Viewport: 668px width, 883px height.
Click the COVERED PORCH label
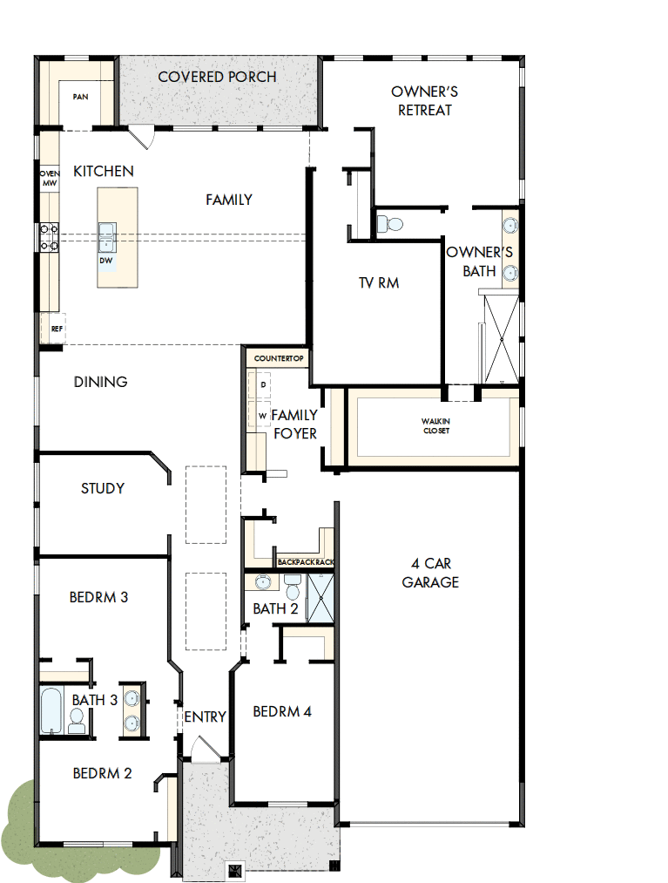(x=217, y=77)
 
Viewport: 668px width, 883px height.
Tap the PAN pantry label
(x=80, y=97)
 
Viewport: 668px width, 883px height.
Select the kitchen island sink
(x=106, y=232)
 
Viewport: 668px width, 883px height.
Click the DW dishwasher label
(x=105, y=261)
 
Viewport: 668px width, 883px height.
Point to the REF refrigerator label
(x=56, y=329)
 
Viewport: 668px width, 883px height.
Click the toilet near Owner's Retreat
(x=392, y=224)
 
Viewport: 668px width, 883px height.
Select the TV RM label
(x=378, y=282)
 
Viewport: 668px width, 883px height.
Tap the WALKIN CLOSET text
(x=435, y=425)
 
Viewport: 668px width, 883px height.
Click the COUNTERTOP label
(x=277, y=358)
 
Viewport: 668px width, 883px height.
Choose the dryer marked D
(x=263, y=384)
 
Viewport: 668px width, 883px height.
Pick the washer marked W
(x=262, y=416)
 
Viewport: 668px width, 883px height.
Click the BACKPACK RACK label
(x=305, y=562)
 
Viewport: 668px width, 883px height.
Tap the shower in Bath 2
(x=321, y=599)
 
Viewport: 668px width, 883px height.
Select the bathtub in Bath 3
(x=51, y=710)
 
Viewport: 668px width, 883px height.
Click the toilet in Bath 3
(x=77, y=718)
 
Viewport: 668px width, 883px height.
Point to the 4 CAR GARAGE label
(x=429, y=573)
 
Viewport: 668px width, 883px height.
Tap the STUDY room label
(x=103, y=488)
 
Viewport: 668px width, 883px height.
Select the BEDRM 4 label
(x=282, y=711)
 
